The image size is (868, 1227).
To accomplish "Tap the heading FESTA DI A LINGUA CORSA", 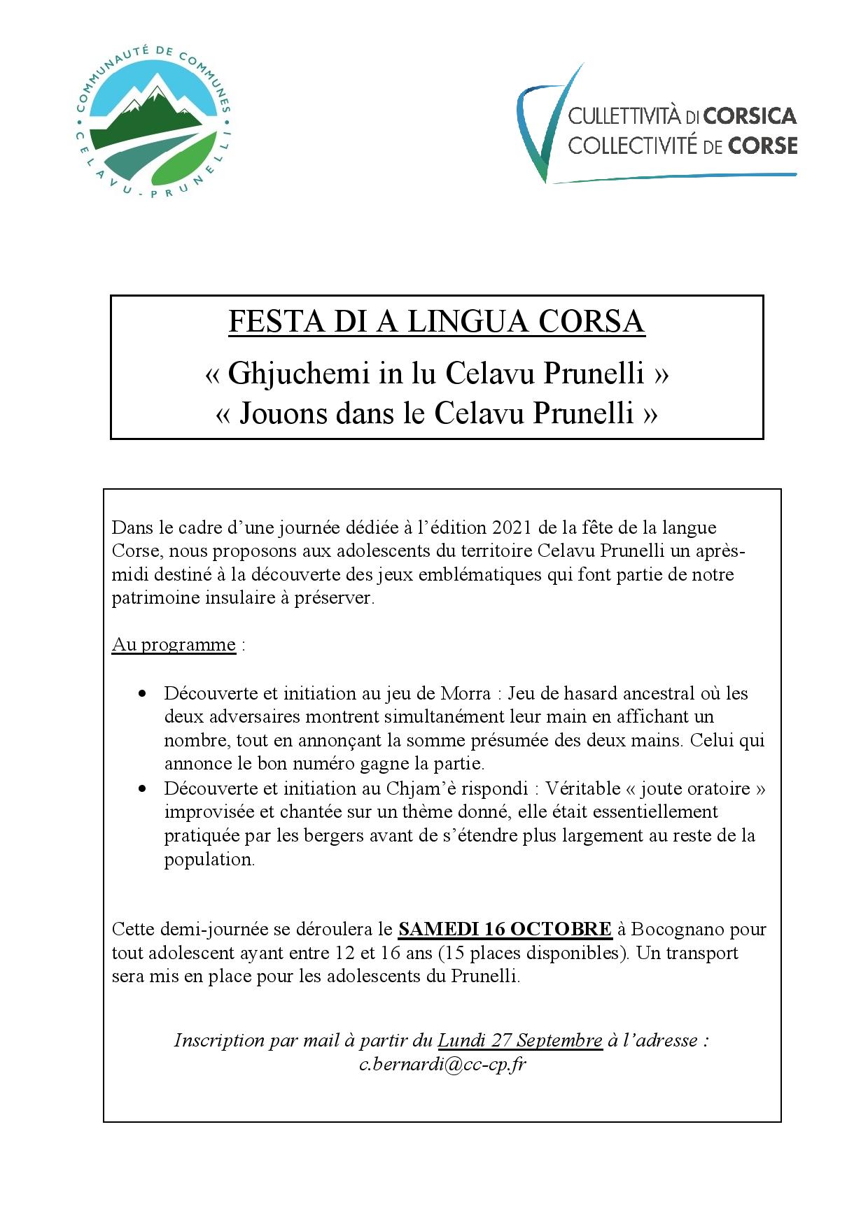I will point(436,322).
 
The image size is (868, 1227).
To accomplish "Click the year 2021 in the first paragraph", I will point(512,527).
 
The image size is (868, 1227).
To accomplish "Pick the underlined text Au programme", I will point(174,644).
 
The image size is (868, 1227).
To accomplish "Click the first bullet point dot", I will point(143,694).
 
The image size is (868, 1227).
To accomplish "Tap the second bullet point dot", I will point(143,789).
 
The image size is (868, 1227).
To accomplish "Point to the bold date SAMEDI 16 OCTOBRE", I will point(505,929).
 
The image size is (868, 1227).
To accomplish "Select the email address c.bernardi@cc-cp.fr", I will point(442,1064).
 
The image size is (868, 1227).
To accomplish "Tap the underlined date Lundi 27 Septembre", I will point(520,1040).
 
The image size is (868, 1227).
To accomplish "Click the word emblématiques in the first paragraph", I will point(504,574).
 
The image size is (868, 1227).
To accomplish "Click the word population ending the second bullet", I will point(209,859).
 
